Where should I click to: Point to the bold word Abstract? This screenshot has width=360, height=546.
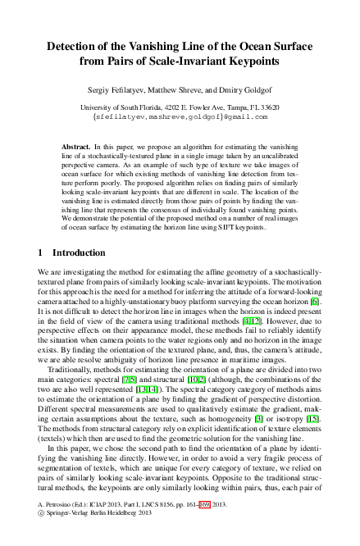(x=78, y=144)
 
